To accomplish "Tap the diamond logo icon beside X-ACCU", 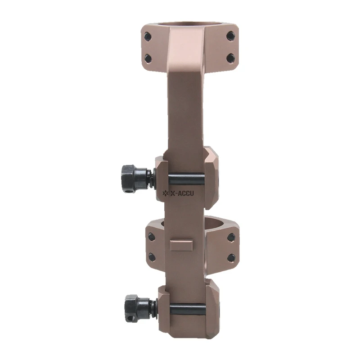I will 164,194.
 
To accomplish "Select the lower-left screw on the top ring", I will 148,58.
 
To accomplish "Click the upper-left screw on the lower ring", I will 152,237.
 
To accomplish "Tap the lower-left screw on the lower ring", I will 152,257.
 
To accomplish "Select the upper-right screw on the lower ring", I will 231,237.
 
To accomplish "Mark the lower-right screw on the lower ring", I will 231,257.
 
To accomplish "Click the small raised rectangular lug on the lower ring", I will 182,245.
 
